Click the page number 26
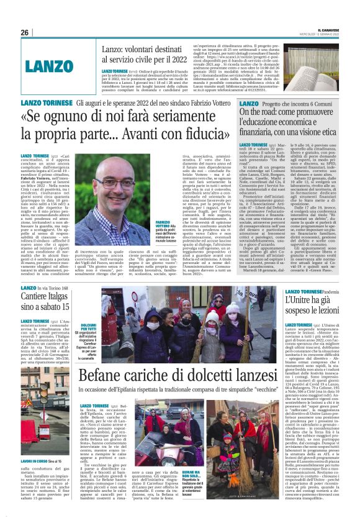(25, 32)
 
